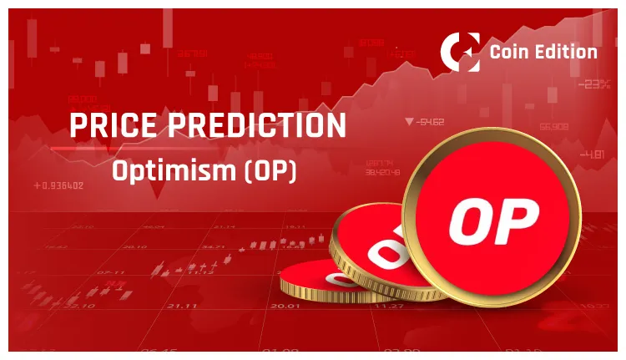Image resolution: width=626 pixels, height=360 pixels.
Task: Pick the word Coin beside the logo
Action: click(x=511, y=52)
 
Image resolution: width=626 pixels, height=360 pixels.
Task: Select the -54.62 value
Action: click(x=432, y=122)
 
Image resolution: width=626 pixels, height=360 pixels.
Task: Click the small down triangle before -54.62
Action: click(x=408, y=122)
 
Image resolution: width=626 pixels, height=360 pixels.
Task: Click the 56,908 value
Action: click(x=554, y=127)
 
